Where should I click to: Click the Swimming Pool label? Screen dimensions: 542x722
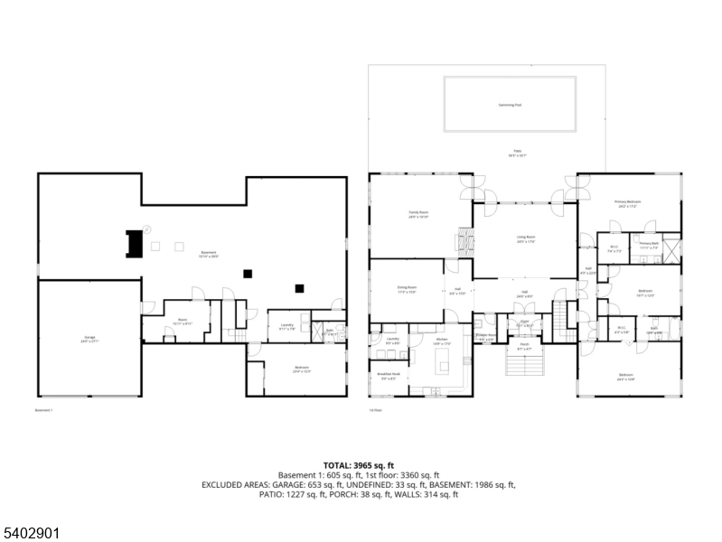coord(511,105)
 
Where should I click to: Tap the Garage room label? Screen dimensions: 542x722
coord(89,338)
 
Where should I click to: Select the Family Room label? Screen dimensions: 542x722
coord(418,215)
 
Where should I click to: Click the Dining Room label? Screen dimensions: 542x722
coord(407,290)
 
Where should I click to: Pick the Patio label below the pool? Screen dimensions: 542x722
coord(518,153)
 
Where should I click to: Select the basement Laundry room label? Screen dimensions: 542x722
coord(286,326)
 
